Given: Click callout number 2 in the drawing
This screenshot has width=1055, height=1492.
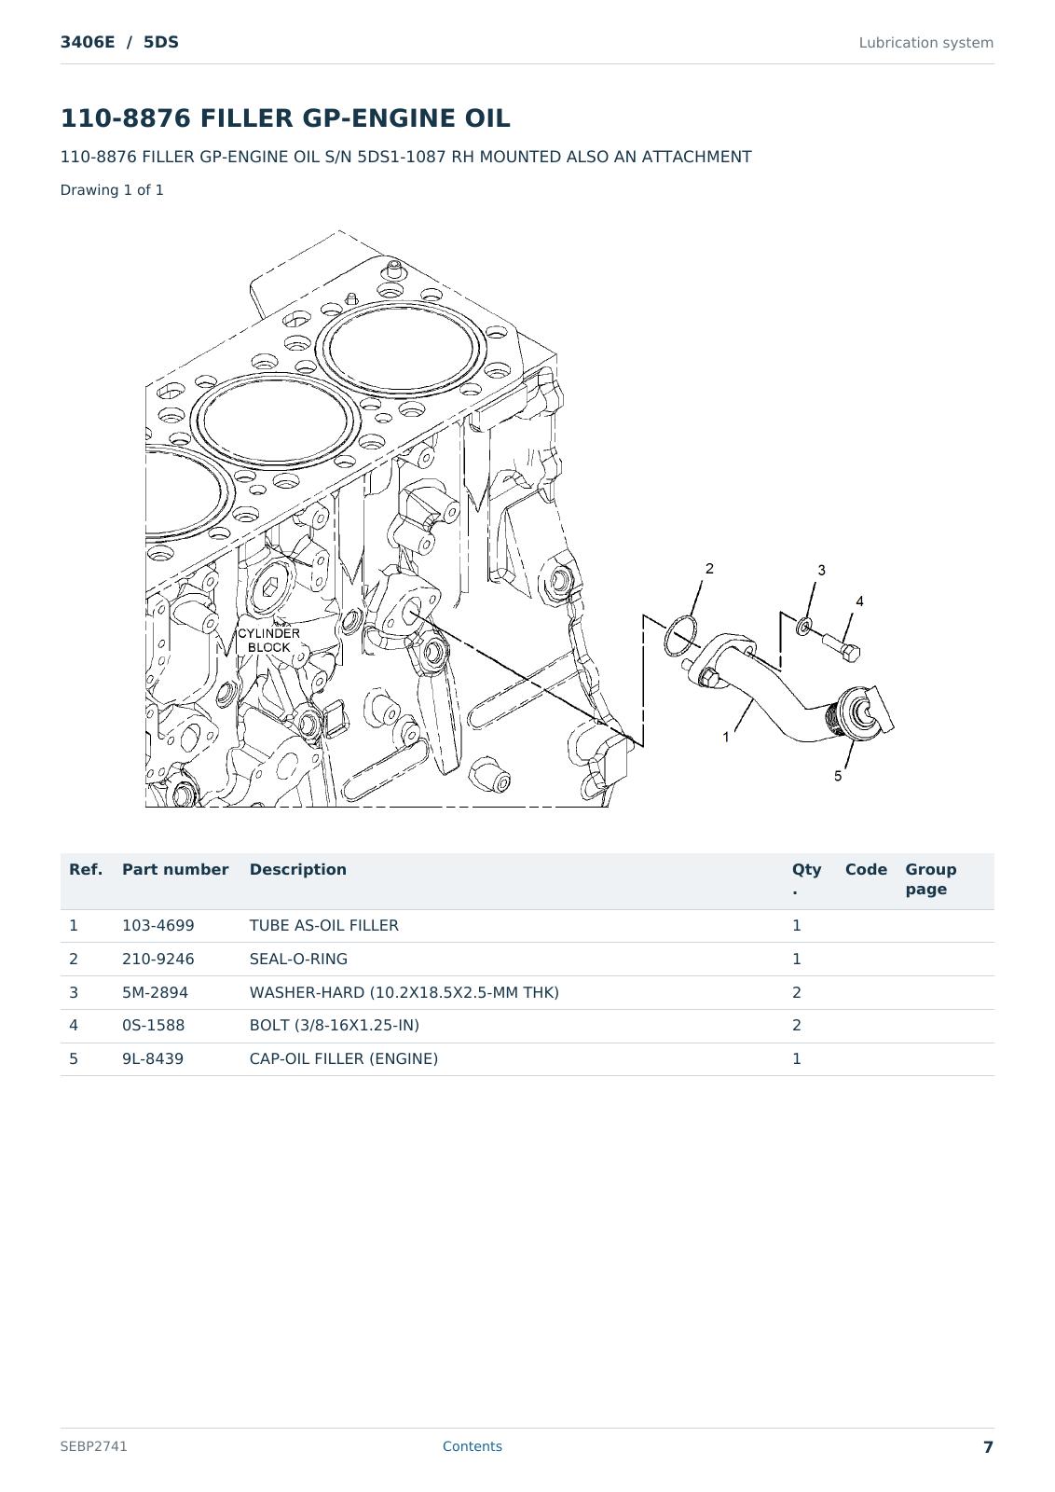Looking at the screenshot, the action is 709,568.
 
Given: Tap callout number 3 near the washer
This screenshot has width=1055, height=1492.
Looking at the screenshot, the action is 821,570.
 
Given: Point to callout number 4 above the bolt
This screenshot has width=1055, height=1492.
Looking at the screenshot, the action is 859,601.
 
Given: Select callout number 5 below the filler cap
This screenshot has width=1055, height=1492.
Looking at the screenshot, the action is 838,776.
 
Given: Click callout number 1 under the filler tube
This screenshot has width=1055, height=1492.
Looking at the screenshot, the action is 725,738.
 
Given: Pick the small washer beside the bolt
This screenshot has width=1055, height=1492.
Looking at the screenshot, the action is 804,626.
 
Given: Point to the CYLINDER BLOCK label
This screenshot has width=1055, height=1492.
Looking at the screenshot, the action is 269,640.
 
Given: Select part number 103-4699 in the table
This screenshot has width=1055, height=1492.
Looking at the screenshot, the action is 158,925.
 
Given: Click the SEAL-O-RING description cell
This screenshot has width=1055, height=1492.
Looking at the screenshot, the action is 298,959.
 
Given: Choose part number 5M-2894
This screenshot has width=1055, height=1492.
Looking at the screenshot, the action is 155,992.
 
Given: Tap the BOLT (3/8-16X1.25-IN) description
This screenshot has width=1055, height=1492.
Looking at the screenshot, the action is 335,1025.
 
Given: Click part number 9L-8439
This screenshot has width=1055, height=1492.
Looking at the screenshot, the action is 153,1058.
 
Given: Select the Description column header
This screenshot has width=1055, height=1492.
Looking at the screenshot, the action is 297,869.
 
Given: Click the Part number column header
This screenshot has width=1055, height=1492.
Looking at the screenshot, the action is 175,869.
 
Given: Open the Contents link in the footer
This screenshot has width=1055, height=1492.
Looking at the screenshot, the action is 472,1446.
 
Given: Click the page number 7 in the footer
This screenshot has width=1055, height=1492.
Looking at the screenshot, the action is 988,1446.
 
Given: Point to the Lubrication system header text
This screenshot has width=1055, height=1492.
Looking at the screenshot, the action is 925,43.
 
